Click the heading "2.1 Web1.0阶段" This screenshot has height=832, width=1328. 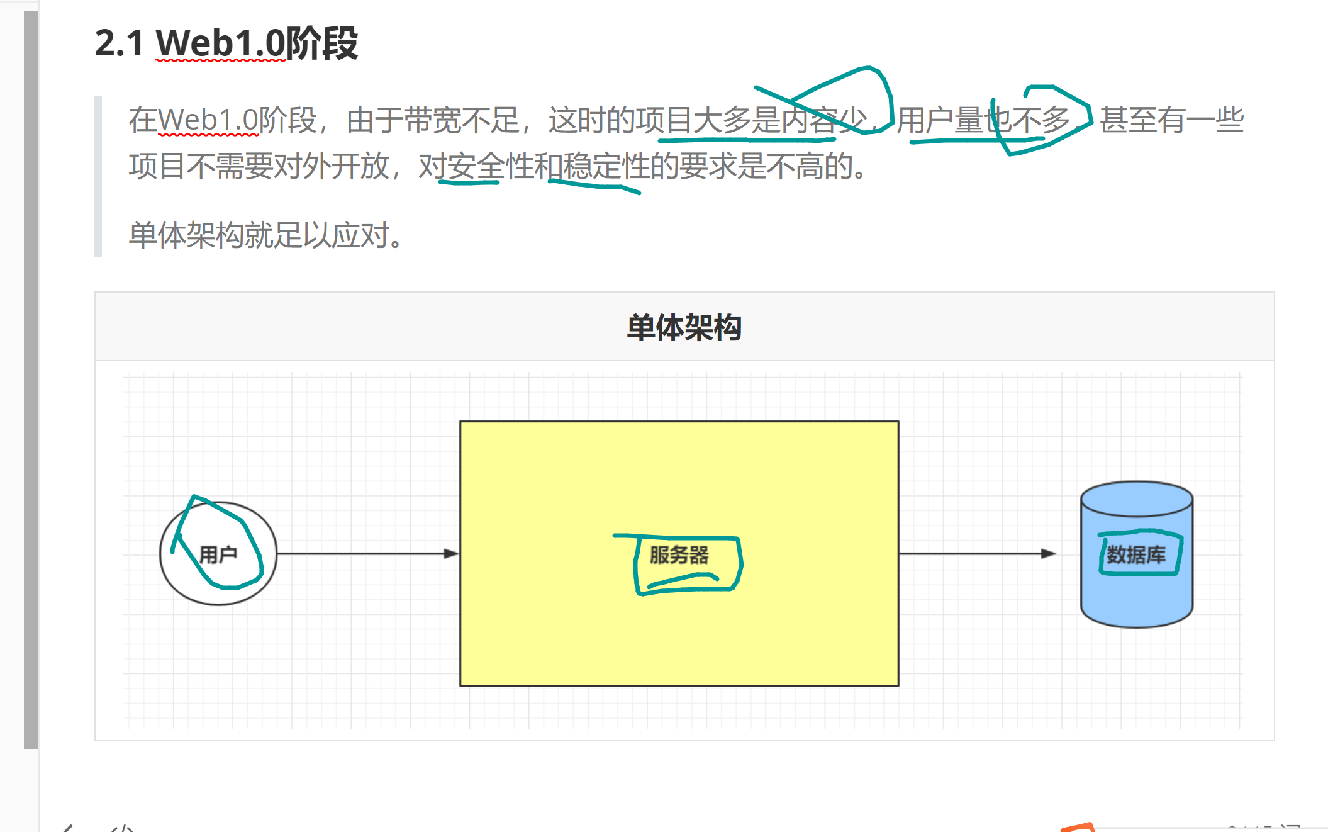pos(226,43)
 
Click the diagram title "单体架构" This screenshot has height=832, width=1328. pos(684,328)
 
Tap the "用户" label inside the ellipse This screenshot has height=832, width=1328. pos(218,554)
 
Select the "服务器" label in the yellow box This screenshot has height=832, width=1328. pos(679,555)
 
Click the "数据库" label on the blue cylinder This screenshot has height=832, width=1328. pos(1135,555)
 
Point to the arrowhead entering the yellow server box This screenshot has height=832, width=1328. pos(452,554)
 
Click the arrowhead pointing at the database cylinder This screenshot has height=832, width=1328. pos(1048,554)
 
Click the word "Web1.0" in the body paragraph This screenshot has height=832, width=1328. pos(208,120)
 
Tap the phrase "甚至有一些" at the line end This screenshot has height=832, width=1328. pos(1171,120)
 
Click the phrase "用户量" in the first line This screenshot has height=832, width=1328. pos(940,120)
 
